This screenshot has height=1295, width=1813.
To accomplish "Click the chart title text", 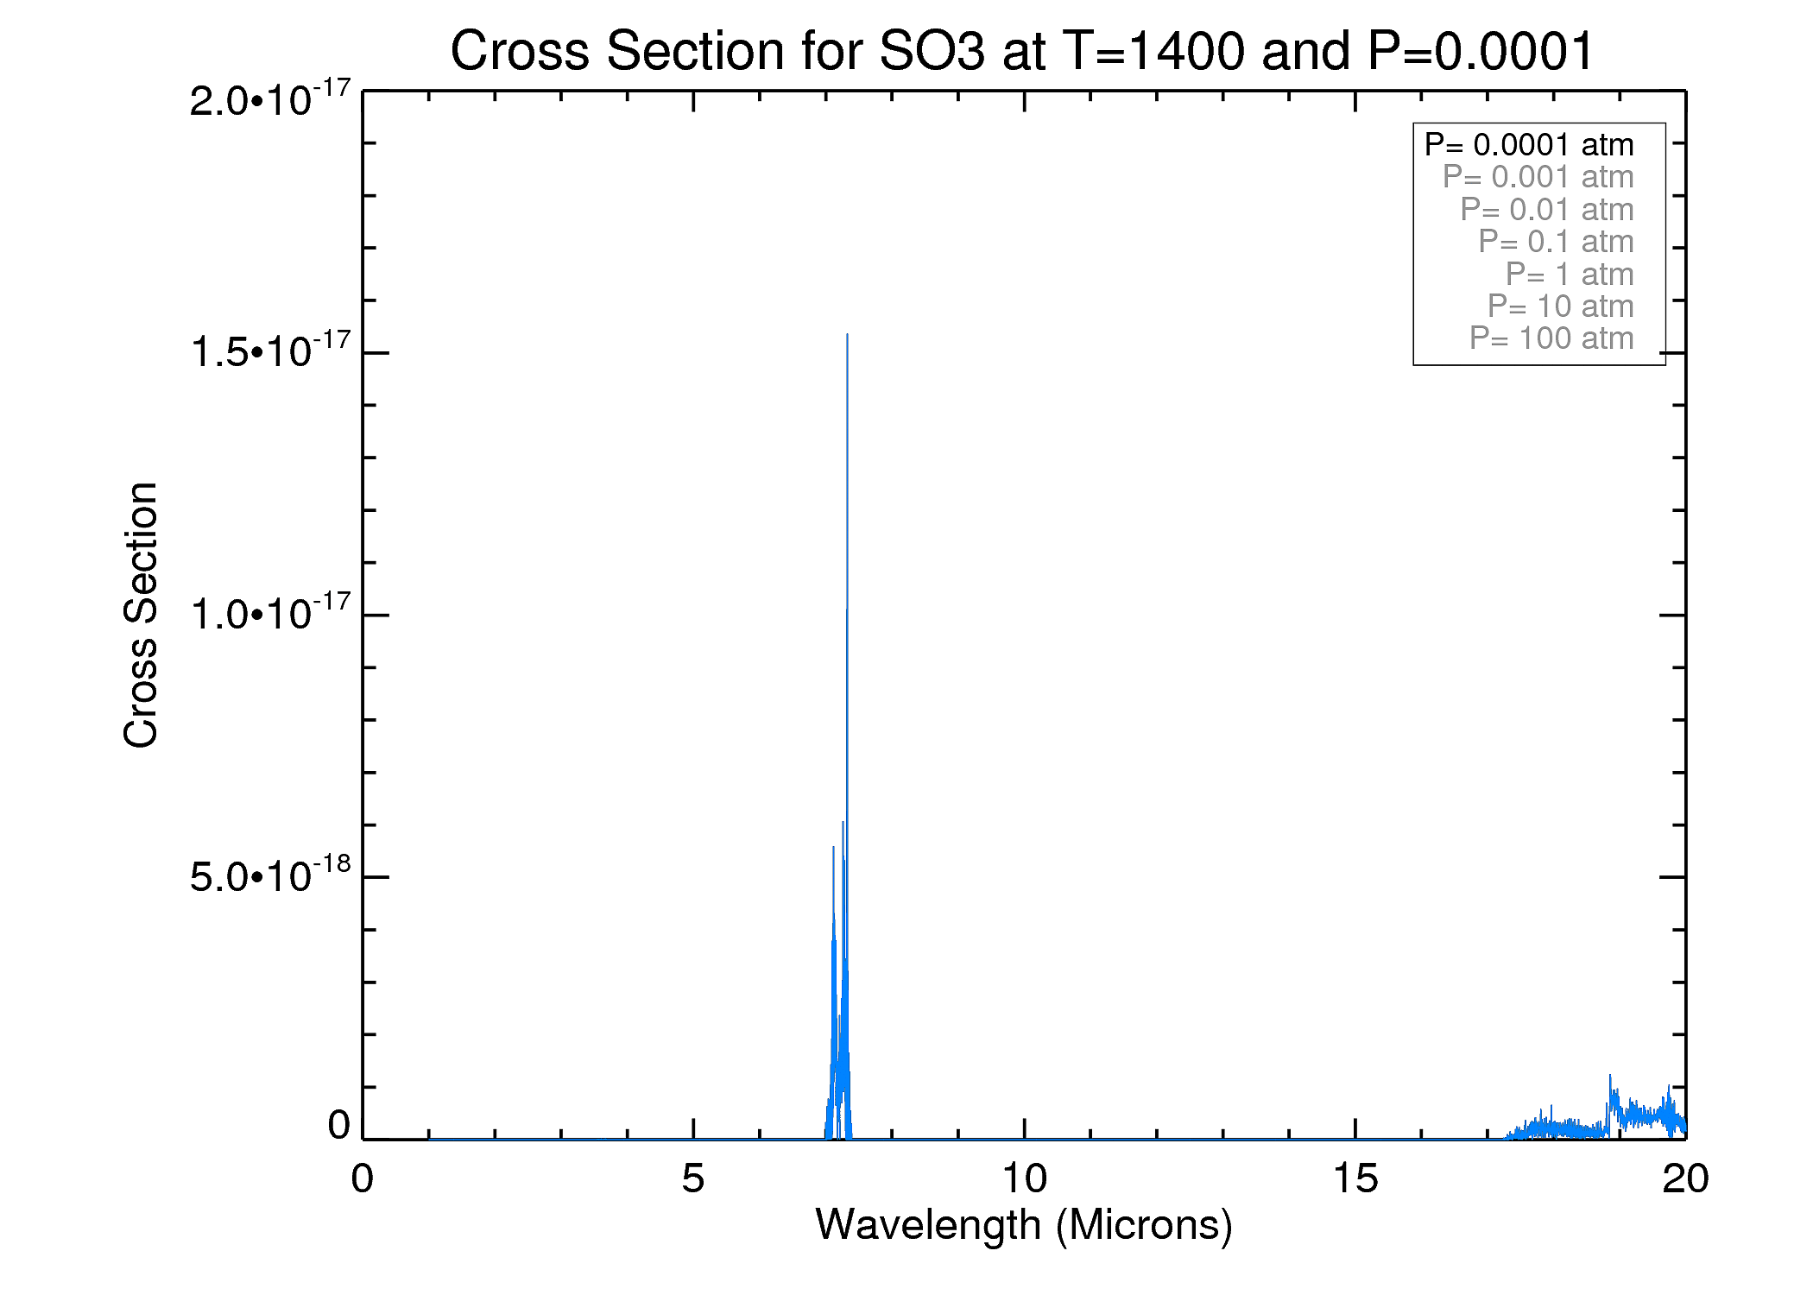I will click(1021, 51).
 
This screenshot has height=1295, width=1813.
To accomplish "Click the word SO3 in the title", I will click(931, 51).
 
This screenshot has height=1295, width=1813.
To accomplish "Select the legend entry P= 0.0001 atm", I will click(1529, 145).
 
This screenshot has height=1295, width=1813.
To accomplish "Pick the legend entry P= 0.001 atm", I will click(1538, 177).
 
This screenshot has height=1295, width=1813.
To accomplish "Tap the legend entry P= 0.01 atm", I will click(1546, 210).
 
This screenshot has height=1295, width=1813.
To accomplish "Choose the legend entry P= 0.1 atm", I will click(1556, 242).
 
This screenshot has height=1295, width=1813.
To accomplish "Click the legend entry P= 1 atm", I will click(1569, 275).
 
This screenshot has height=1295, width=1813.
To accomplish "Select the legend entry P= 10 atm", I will click(1560, 306).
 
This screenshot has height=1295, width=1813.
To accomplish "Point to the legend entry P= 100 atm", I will click(1551, 338).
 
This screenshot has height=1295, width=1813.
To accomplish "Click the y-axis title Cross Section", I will click(141, 615).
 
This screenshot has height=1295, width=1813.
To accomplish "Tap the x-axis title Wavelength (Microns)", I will click(1024, 1225).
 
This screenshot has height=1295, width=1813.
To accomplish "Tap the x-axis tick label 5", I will click(692, 1178).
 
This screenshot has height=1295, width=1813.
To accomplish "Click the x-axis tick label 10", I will click(1024, 1178).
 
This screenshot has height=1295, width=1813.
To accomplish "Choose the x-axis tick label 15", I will click(1355, 1178).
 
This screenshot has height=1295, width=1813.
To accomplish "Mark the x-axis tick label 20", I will click(1684, 1178).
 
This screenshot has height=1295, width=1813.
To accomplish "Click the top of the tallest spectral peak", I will click(847, 335).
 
